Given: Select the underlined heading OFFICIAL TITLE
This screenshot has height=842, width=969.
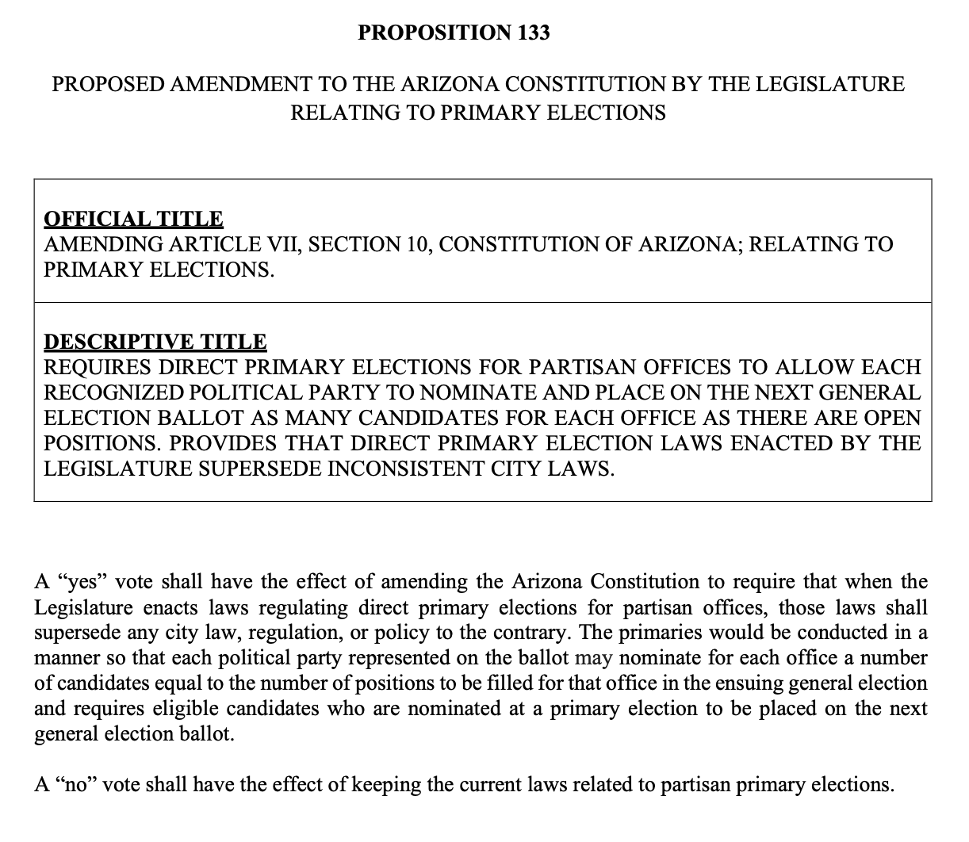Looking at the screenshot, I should pos(133,219).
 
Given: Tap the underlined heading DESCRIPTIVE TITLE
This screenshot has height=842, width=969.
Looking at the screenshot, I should pos(155,342).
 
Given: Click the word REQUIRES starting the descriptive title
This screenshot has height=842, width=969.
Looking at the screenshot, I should pos(97,367).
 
